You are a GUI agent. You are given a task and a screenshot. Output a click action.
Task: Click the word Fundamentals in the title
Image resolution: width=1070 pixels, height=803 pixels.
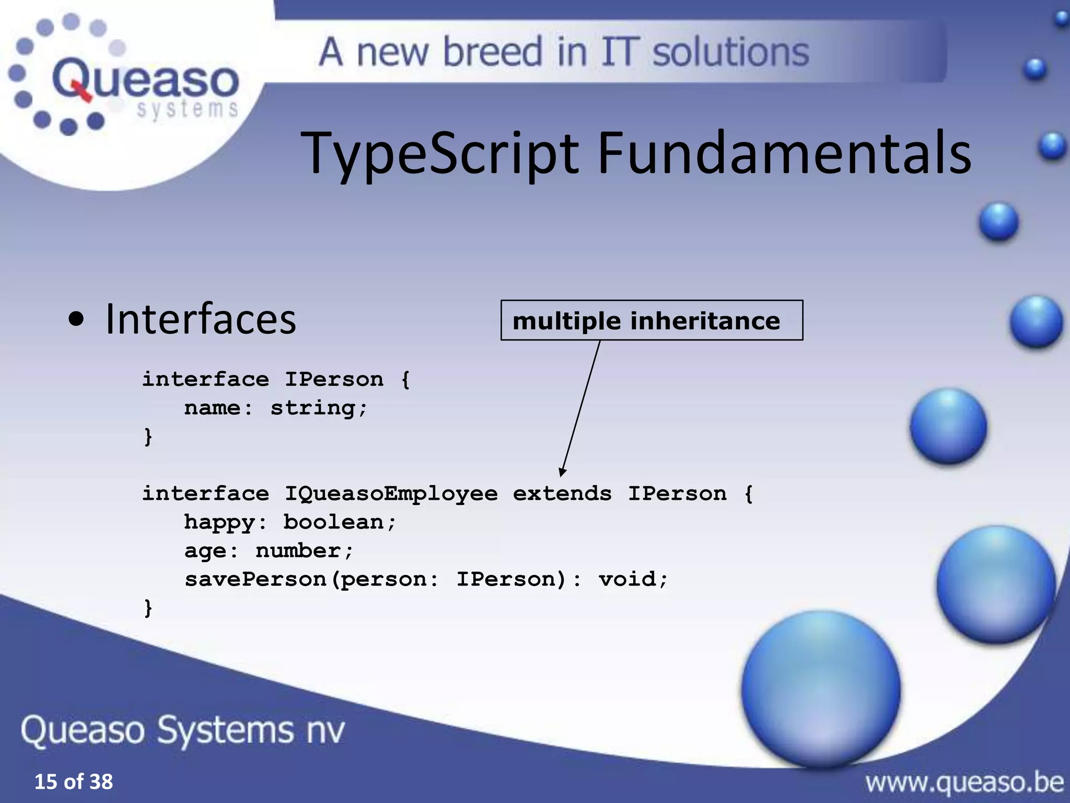point(784,153)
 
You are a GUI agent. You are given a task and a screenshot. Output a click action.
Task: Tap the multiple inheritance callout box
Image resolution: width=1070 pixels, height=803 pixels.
point(651,320)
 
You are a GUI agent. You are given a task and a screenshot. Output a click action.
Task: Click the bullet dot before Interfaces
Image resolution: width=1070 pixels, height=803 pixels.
point(76,320)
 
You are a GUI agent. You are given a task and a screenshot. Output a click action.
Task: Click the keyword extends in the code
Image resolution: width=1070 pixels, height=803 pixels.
point(562,494)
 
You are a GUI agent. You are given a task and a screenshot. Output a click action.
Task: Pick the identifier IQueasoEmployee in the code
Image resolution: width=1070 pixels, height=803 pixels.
point(391,494)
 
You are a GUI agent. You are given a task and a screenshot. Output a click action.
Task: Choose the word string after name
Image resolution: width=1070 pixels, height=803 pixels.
point(312,408)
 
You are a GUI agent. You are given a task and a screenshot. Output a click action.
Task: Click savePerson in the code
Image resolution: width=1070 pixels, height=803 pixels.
point(255,579)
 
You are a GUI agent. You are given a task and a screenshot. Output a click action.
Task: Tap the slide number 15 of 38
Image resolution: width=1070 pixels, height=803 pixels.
point(74,782)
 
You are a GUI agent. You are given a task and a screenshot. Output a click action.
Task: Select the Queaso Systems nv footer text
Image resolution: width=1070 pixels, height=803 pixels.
point(183,730)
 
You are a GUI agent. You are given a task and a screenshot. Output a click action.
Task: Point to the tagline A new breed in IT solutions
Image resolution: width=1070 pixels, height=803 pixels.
point(564,52)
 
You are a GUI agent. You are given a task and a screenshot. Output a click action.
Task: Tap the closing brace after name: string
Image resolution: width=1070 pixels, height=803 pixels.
point(148,436)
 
